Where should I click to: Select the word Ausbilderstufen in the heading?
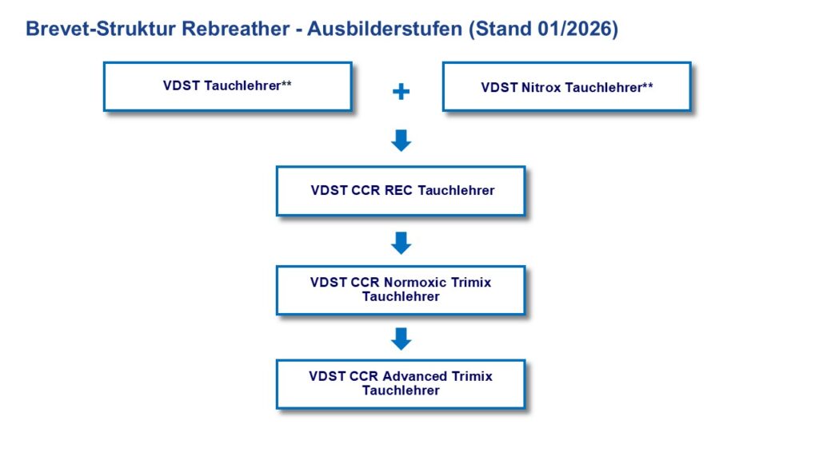[x=384, y=29]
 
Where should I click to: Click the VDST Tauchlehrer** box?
[x=227, y=86]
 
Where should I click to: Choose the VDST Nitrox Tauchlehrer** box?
[x=566, y=87]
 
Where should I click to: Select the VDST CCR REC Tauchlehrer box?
[x=401, y=191]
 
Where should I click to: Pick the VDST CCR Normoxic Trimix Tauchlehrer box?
[x=401, y=290]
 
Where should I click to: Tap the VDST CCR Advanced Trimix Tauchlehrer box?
[x=401, y=383]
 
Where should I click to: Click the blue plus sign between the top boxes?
[x=401, y=92]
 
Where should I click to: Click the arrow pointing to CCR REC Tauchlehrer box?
[x=401, y=141]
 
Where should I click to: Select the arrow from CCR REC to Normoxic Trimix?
[x=401, y=243]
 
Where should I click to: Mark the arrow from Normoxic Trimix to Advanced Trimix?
[x=401, y=339]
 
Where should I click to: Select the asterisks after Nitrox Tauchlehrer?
[x=647, y=85]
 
